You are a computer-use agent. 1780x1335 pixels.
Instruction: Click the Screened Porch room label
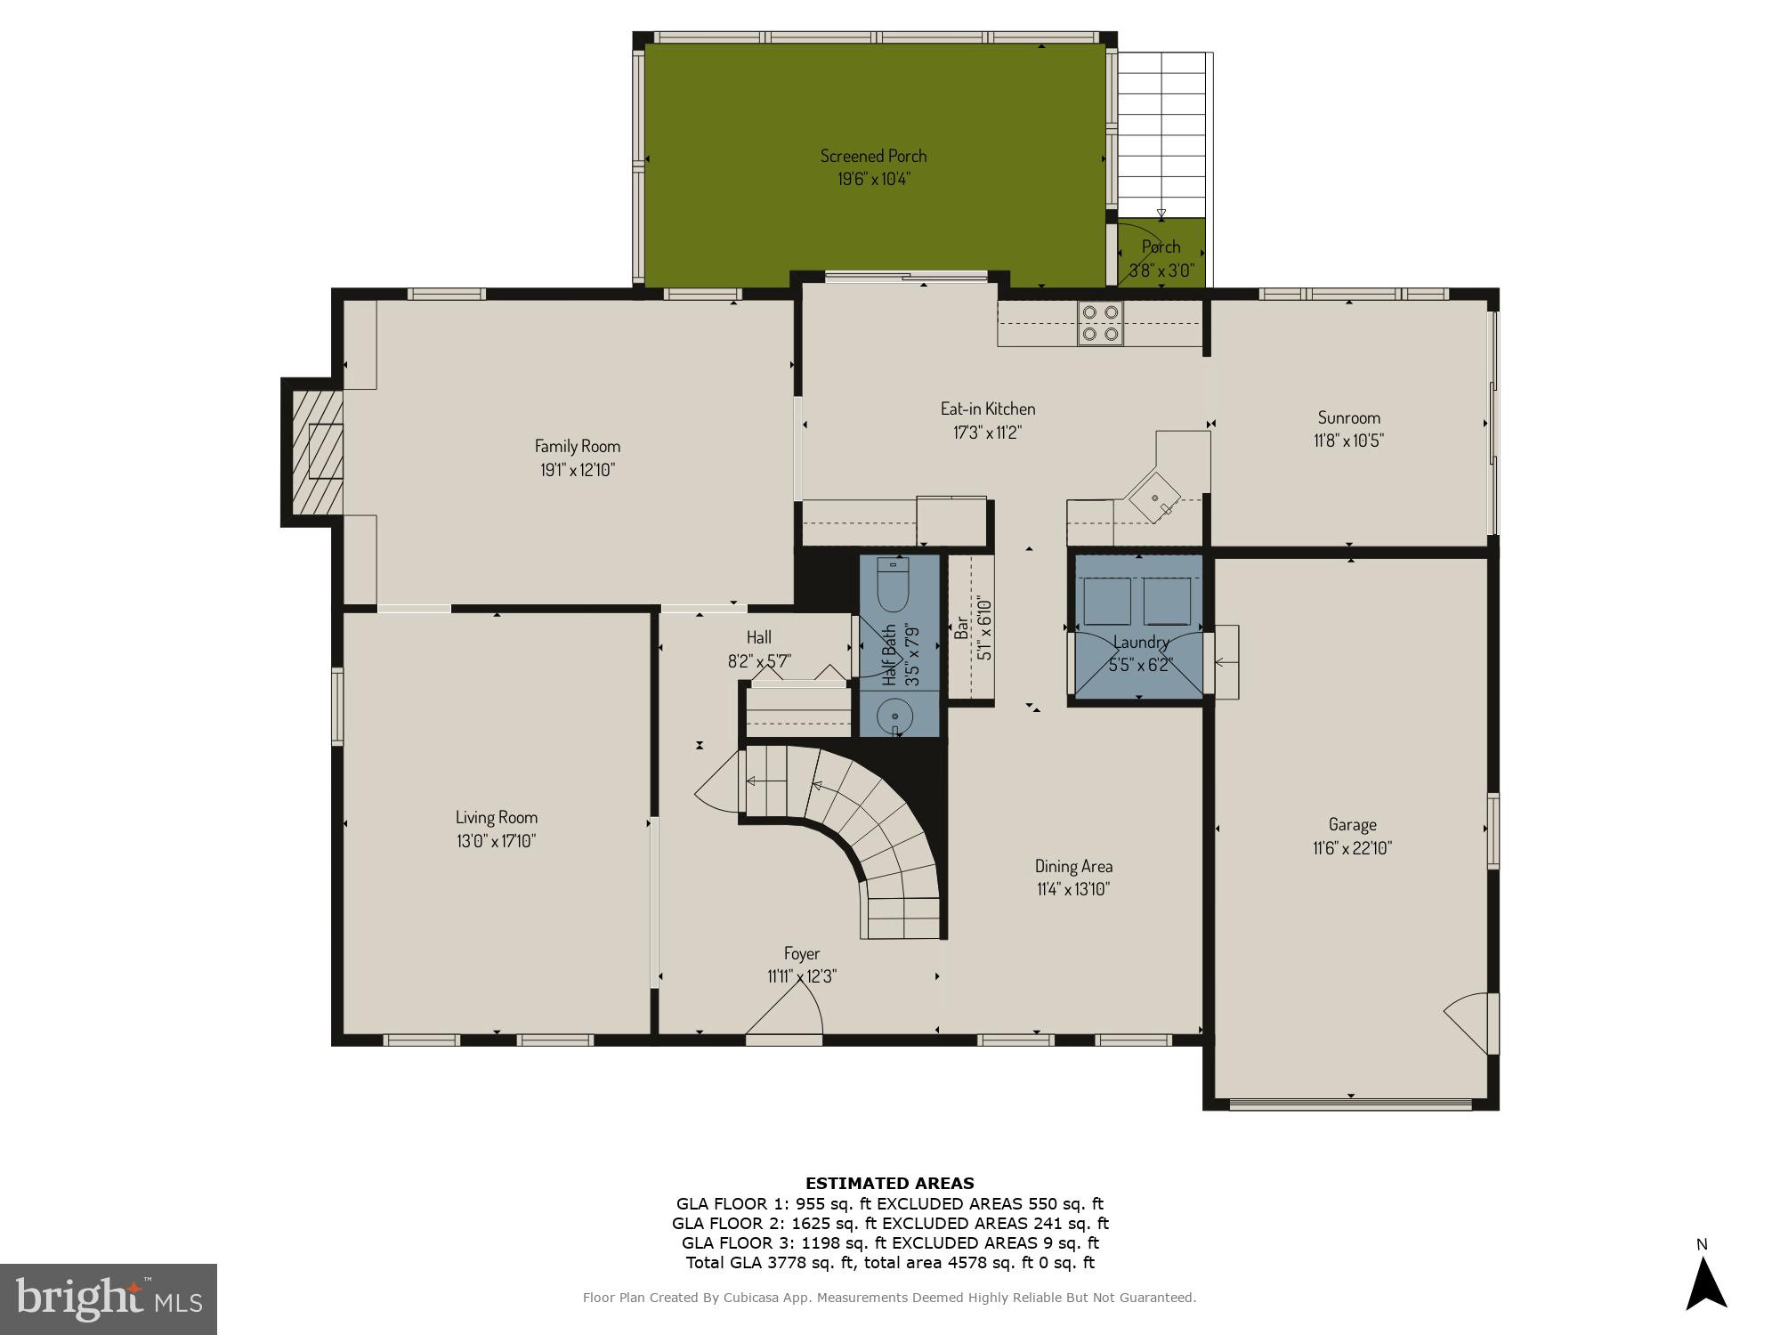(873, 156)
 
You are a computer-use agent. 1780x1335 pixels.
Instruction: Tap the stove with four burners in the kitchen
(1100, 323)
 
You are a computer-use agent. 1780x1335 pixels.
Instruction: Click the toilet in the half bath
(892, 585)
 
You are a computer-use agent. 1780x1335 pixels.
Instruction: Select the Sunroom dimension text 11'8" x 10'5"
(1348, 441)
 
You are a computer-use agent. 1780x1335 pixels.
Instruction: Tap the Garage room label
(1352, 825)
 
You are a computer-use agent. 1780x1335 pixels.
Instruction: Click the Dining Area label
(1073, 866)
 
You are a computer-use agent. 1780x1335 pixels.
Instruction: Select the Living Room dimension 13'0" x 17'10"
(496, 841)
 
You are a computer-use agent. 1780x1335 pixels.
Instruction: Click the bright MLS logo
(108, 1299)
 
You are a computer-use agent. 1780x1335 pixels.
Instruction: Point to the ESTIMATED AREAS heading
(889, 1183)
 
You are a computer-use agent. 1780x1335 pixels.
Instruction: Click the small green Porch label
(1161, 247)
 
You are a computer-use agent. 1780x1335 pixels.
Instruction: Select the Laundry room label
(1140, 642)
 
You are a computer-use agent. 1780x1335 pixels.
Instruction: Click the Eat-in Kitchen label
(988, 409)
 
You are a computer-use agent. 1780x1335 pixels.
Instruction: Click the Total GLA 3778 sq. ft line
(889, 1262)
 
